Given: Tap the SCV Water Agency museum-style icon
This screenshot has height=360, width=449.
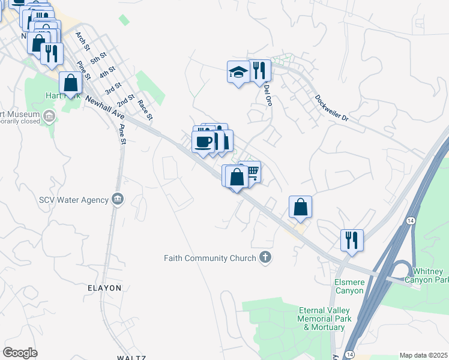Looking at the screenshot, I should click(x=117, y=199).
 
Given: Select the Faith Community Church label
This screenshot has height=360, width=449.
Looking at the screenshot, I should click(x=209, y=259).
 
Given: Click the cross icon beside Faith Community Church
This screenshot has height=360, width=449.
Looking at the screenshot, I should click(x=264, y=258).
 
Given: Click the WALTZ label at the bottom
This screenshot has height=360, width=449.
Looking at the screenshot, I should click(x=131, y=358).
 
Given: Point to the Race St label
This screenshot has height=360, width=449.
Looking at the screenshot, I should click(x=144, y=109).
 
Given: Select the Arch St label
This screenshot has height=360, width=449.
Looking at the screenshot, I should click(x=82, y=41).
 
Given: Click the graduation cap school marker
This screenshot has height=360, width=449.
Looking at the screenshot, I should click(x=238, y=73).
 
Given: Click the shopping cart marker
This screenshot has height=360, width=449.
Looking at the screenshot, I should click(x=252, y=172).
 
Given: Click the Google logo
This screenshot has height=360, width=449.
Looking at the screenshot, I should click(x=20, y=353).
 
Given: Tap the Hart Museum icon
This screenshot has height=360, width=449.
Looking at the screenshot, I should click(x=48, y=115).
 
